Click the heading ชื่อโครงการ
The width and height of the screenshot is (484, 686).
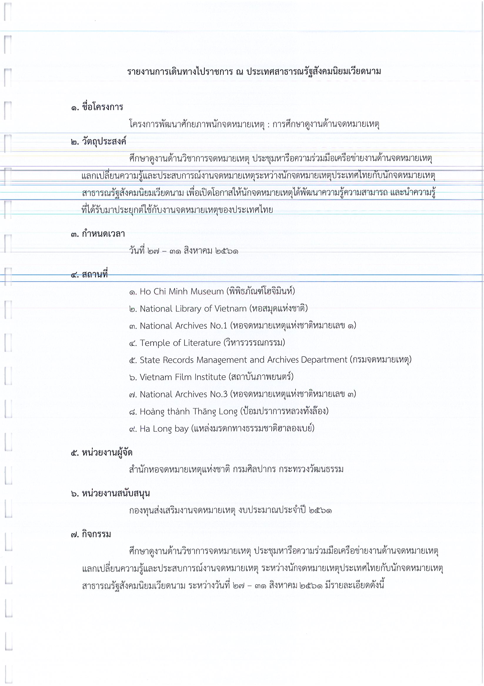(x=102, y=107)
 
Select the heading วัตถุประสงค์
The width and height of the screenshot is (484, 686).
(x=104, y=141)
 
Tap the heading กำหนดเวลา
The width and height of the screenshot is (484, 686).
(x=103, y=234)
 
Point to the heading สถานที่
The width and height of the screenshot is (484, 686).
(x=95, y=274)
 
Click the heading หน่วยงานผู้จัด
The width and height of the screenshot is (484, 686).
(x=107, y=452)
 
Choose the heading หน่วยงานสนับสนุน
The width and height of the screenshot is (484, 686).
(x=116, y=493)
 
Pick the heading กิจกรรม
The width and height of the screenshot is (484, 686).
(x=96, y=534)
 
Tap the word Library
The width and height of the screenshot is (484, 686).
(x=188, y=309)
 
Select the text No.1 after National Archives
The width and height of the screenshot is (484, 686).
(x=219, y=326)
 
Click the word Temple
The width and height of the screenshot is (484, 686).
(x=154, y=343)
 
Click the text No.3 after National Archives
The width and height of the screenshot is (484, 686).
(x=219, y=394)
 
